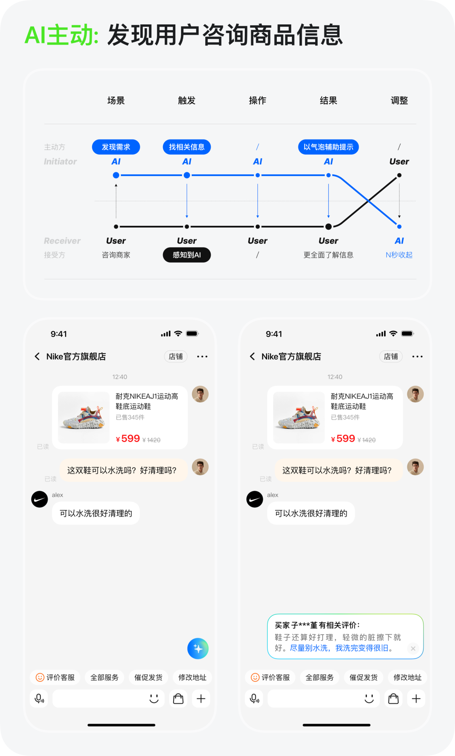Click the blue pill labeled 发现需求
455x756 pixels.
(x=116, y=147)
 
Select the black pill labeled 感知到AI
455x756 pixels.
(x=187, y=255)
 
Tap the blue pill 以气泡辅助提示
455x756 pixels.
(x=328, y=147)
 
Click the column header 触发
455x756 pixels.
(x=187, y=101)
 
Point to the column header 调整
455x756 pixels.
(x=399, y=101)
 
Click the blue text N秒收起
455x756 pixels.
(x=399, y=255)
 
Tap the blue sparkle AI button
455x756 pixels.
(x=198, y=649)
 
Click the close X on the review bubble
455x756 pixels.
(x=413, y=649)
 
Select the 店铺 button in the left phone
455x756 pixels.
(x=176, y=357)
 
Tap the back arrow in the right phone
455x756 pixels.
(x=252, y=357)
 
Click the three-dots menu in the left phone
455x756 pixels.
(x=202, y=357)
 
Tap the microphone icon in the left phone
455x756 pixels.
(x=39, y=699)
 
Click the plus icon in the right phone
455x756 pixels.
(x=416, y=699)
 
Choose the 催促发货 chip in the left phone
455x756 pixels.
(x=148, y=677)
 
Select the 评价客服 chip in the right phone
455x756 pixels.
(x=270, y=677)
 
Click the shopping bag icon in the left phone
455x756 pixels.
(x=179, y=699)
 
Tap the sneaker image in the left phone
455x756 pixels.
(x=84, y=417)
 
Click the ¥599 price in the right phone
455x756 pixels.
(x=343, y=439)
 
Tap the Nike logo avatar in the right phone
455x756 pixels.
(x=254, y=499)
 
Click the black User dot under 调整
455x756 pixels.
(x=399, y=175)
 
